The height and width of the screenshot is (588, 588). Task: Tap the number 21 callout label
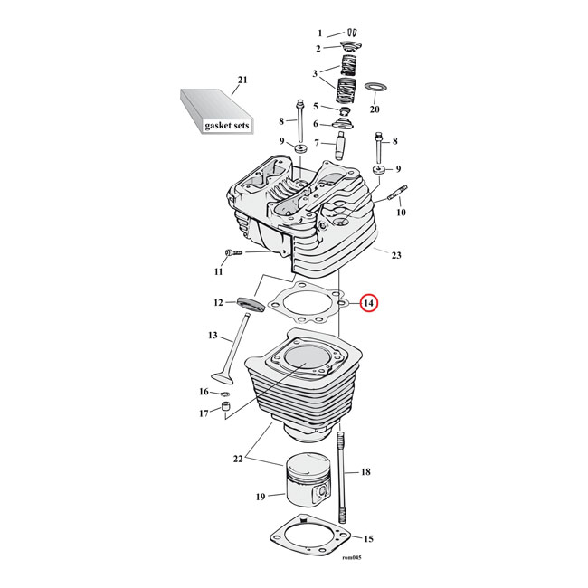(241, 81)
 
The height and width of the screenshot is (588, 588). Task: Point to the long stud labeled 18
(342, 469)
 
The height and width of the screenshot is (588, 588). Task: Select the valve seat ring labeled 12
(249, 303)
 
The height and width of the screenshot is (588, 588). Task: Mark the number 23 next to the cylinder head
(394, 254)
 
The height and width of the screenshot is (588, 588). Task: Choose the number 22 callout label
(238, 460)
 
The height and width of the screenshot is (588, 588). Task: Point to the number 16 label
(204, 392)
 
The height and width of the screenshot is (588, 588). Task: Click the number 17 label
(204, 413)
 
